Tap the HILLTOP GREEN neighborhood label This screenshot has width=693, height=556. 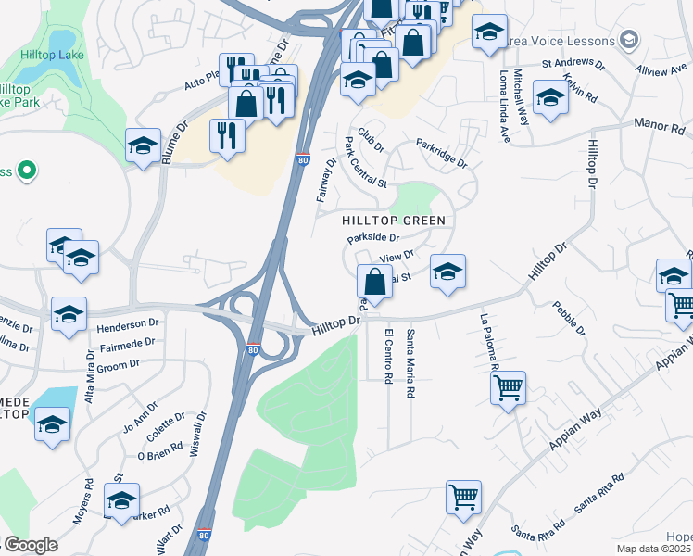(x=394, y=221)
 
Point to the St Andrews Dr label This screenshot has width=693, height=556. (x=573, y=67)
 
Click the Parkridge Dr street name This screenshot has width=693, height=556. (x=442, y=154)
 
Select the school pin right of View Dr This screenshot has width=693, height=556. (x=447, y=272)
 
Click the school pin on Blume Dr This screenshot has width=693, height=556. (x=143, y=145)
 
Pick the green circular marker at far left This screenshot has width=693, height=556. (x=27, y=170)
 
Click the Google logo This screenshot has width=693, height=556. (x=31, y=545)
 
